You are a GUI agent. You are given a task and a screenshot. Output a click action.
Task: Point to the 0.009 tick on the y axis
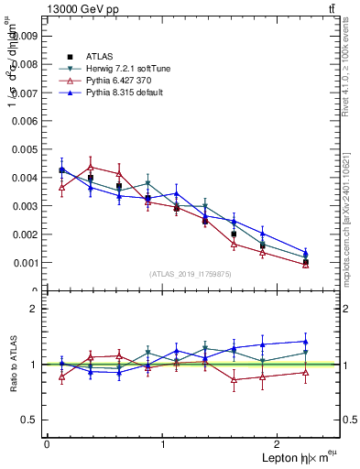[27, 37]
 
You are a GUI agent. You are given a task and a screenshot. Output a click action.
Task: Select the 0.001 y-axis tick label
[27, 263]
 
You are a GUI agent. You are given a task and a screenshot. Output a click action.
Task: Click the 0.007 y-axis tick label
[27, 93]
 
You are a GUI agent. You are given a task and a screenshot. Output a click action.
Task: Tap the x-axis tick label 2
[280, 444]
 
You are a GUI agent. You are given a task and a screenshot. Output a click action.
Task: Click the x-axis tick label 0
[47, 444]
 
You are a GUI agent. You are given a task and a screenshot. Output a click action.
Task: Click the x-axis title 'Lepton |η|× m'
[294, 457]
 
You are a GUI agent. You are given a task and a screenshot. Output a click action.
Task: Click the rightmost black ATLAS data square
[305, 262]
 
